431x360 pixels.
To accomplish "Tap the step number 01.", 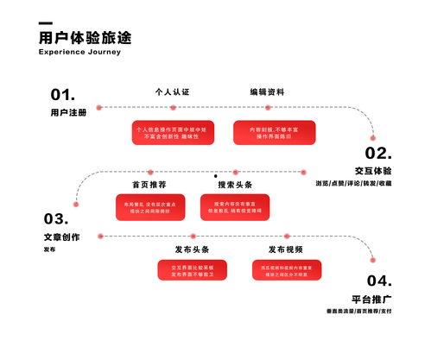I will [62, 94].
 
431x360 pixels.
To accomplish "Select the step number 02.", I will [378, 154].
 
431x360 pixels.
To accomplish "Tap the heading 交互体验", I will [373, 171].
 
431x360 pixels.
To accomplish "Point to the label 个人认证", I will [171, 92].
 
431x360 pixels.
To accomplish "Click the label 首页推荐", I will [149, 185].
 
